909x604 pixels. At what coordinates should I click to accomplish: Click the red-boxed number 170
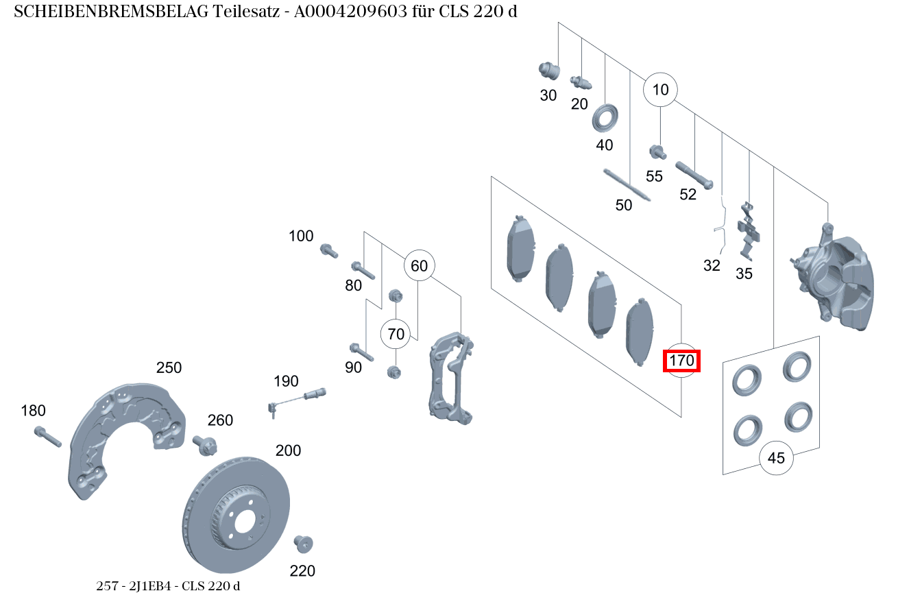tap(681, 360)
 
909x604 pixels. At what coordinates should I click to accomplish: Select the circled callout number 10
tap(660, 90)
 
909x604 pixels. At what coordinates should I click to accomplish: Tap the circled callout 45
tap(776, 457)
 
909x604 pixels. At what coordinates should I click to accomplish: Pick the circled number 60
tap(419, 265)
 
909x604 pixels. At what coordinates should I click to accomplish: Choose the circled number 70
tap(396, 335)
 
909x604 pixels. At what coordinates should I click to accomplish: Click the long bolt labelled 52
tap(694, 175)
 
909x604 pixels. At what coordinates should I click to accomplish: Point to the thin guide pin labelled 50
tap(627, 184)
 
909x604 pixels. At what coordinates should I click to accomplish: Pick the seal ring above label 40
tap(605, 118)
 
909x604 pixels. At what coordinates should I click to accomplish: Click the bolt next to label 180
tap(47, 436)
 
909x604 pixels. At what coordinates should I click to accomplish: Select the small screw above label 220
tap(302, 544)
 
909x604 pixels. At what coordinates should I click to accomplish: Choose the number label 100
tap(301, 237)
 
